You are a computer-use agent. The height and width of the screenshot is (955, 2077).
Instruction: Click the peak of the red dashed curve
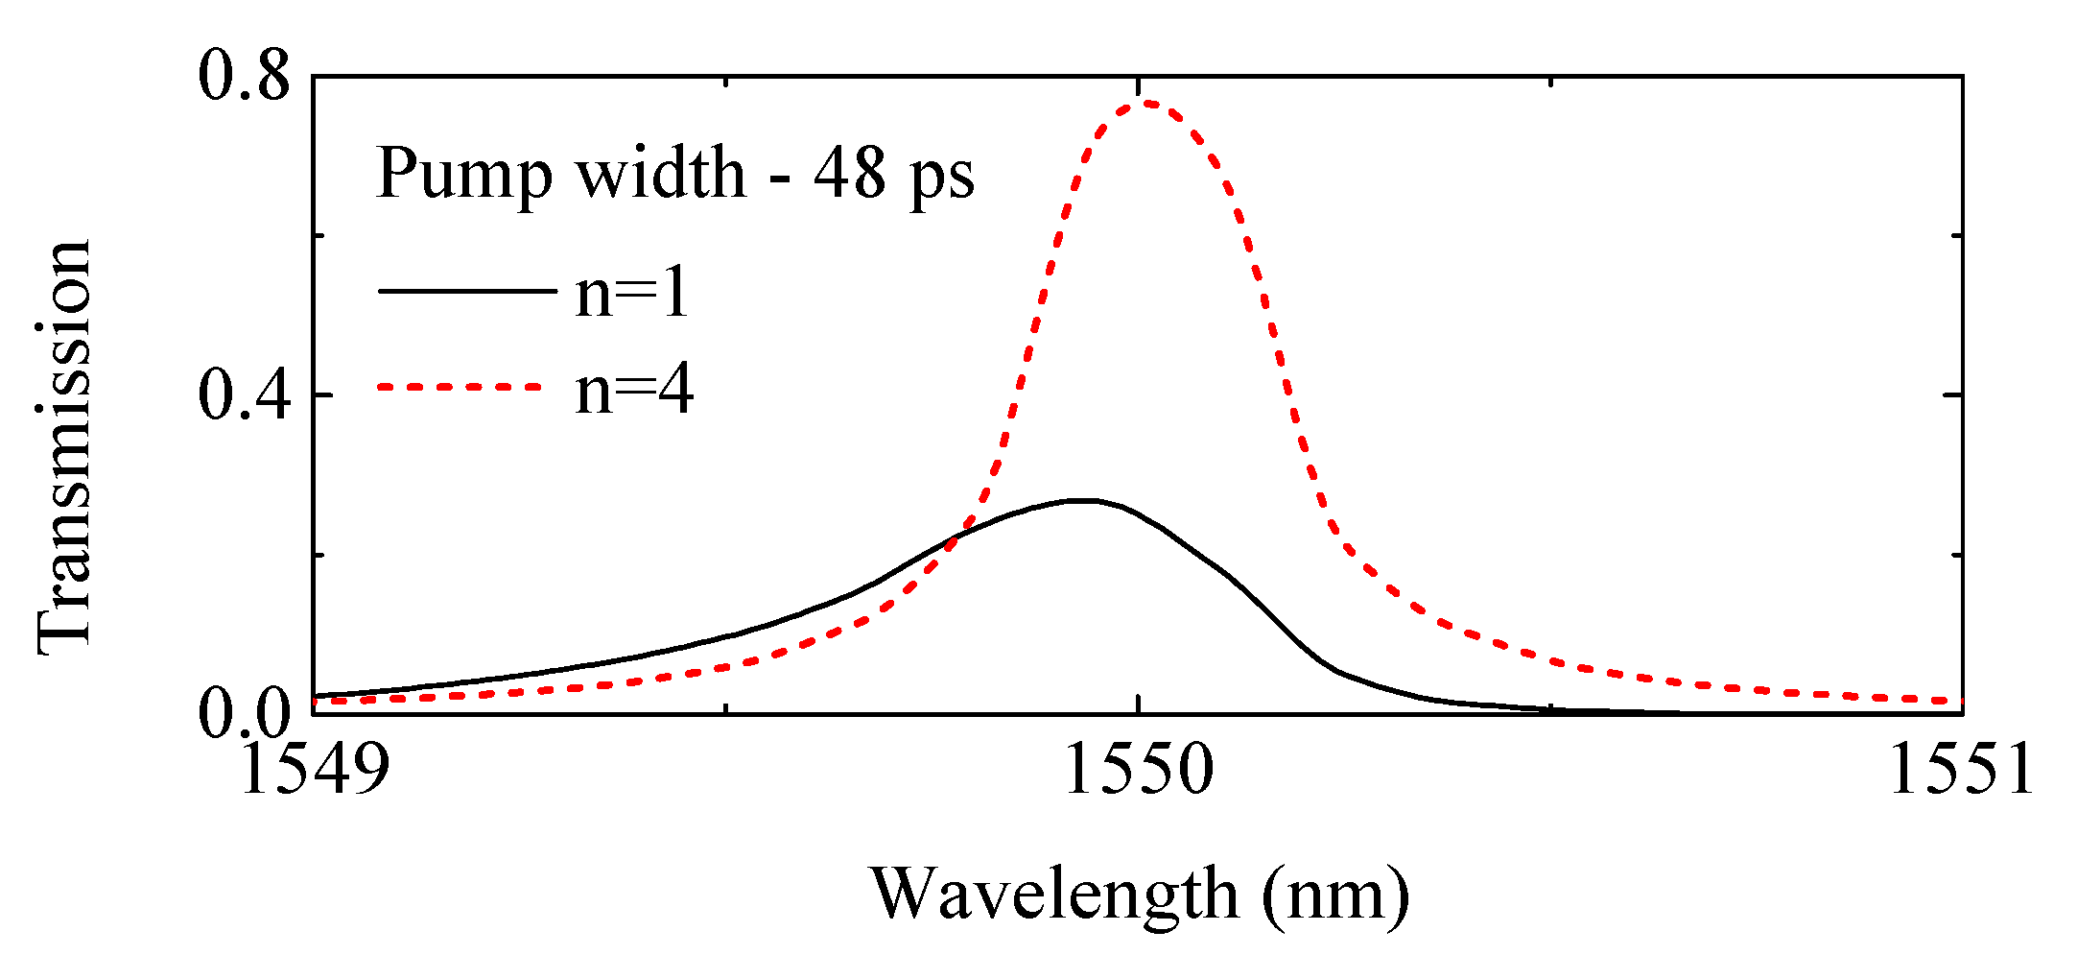[1145, 102]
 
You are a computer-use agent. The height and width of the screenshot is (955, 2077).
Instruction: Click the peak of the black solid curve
[1082, 500]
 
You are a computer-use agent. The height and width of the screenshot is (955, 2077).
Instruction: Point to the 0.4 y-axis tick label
[244, 394]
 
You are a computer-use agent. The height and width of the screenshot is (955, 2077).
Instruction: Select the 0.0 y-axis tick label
[244, 714]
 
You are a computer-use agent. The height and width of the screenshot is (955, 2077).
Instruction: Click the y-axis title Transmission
[65, 447]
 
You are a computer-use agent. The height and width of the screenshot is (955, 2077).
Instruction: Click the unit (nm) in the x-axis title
[1336, 895]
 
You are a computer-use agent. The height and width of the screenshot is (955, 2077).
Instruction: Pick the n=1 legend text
[632, 292]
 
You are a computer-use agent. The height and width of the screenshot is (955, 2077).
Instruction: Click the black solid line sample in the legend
[466, 290]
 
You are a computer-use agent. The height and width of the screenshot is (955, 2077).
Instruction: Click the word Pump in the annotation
[464, 177]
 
